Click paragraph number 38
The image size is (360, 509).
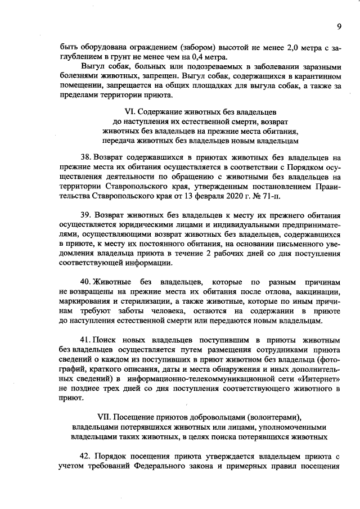(x=85, y=159)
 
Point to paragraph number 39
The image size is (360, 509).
(x=85, y=215)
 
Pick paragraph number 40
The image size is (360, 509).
(x=85, y=281)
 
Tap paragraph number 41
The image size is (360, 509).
(x=85, y=340)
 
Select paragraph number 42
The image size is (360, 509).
(x=85, y=456)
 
